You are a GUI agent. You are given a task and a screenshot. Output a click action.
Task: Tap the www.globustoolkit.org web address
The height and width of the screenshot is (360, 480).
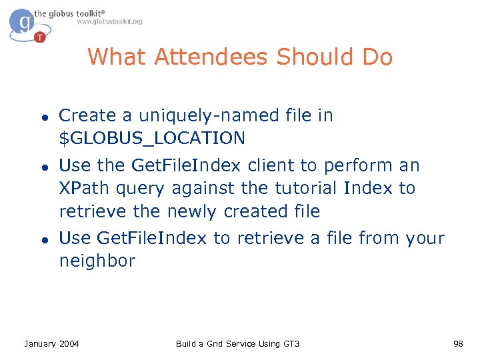[x=109, y=22]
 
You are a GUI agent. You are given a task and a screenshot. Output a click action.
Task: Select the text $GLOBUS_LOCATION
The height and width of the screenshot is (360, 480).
[x=152, y=139]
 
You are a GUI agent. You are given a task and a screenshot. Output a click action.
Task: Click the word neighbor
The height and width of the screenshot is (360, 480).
[x=97, y=261]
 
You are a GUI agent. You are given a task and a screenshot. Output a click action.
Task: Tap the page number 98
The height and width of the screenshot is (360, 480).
[x=457, y=344]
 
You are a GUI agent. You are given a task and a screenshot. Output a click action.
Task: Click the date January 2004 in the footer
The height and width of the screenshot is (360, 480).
[x=51, y=344]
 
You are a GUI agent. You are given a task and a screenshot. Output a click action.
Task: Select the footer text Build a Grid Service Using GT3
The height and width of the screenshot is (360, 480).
[x=237, y=344]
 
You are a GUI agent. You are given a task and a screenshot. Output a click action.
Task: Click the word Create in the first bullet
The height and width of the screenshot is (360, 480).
[x=87, y=116]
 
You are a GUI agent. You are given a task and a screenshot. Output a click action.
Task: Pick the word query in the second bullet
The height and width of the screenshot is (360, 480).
[x=140, y=189]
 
